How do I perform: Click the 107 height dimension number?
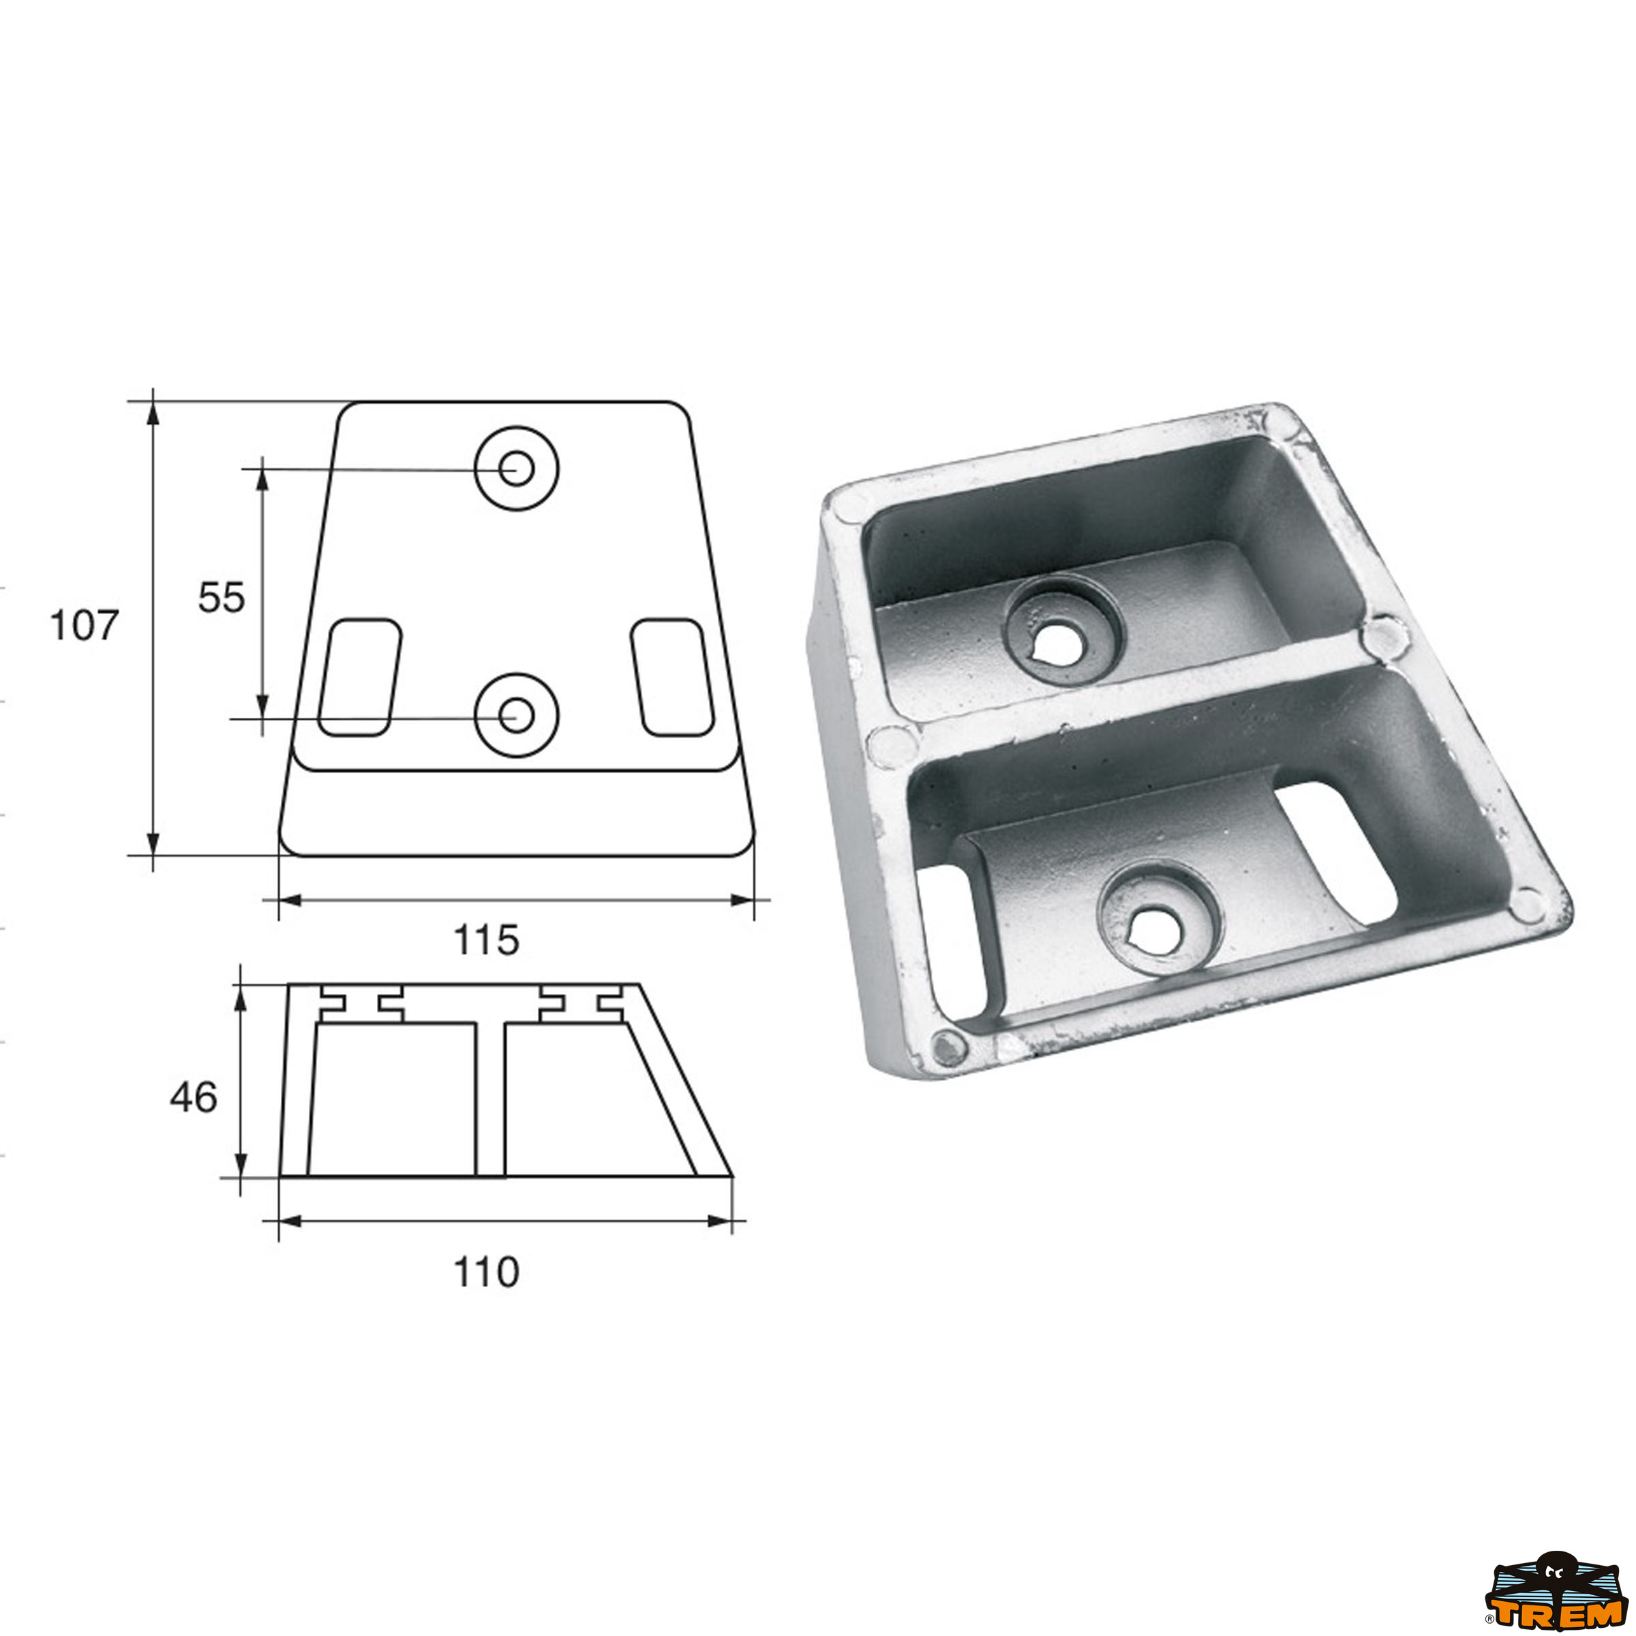click(x=84, y=626)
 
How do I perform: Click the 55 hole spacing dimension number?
click(x=221, y=598)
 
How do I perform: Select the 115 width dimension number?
click(x=486, y=940)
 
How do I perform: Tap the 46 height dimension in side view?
click(x=193, y=1097)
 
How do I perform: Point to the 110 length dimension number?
click(x=486, y=1273)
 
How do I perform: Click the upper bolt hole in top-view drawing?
click(x=516, y=468)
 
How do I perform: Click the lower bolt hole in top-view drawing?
click(x=516, y=716)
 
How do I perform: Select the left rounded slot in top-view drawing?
click(x=359, y=678)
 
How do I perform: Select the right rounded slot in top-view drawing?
click(x=672, y=678)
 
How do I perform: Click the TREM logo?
click(x=1554, y=1591)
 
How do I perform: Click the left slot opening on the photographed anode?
click(x=951, y=939)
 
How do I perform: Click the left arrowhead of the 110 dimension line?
click(x=290, y=1221)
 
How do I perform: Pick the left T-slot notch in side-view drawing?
click(x=361, y=1003)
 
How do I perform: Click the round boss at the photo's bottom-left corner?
click(x=950, y=1048)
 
